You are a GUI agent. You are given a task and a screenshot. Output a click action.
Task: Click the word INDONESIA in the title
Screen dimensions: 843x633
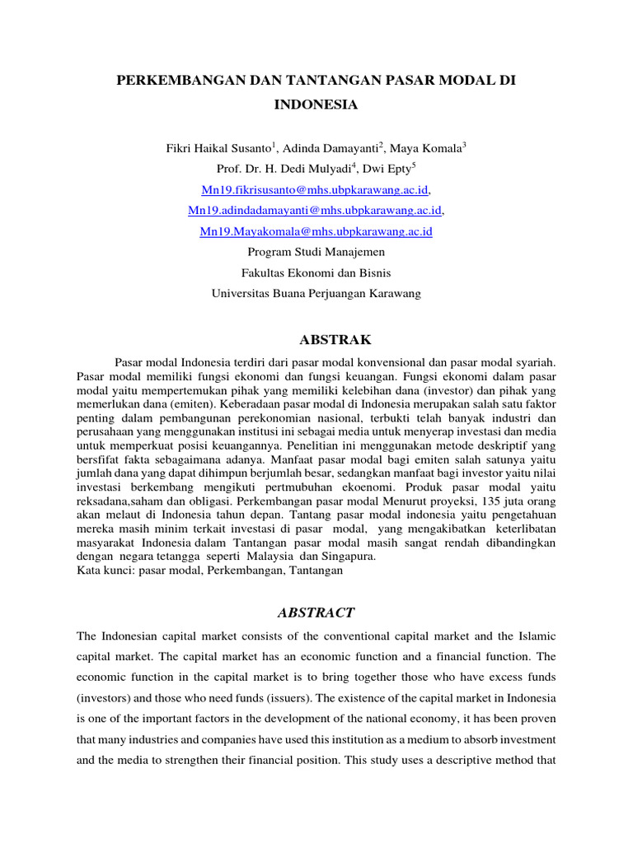tap(316, 105)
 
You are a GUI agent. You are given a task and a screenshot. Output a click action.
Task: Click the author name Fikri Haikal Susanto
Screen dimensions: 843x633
tap(218, 148)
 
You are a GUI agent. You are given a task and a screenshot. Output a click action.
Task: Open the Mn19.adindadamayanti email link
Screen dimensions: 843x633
tap(315, 211)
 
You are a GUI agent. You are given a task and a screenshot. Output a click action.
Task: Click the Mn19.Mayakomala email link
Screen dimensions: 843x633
tap(316, 231)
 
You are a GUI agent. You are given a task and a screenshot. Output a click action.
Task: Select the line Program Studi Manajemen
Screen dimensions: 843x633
tap(316, 252)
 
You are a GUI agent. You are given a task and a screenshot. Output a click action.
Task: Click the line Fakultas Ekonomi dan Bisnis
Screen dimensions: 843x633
tap(316, 272)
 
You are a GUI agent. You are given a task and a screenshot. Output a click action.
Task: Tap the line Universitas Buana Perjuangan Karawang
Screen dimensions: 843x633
tap(316, 293)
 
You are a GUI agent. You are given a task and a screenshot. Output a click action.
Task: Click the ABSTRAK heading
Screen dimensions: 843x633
tap(316, 339)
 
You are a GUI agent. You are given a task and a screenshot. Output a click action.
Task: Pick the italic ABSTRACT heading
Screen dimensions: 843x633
tap(316, 612)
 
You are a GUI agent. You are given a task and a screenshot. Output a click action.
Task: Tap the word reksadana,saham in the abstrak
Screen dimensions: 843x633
tap(119, 501)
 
